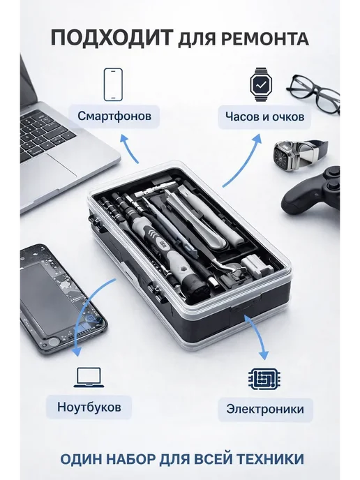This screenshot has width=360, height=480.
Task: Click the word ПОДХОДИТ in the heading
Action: pos(112,38)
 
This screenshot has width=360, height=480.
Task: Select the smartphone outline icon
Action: pos(113,84)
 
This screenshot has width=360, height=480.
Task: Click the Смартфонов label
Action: pos(114,116)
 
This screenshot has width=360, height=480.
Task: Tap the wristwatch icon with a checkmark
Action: pos(260,84)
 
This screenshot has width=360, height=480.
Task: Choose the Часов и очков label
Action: pos(265,117)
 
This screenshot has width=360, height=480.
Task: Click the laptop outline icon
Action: pos(89,377)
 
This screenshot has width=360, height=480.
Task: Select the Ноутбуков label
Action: pos(89,407)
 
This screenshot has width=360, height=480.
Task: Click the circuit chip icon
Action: pos(264,378)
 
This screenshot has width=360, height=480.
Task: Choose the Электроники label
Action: pos(265,410)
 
